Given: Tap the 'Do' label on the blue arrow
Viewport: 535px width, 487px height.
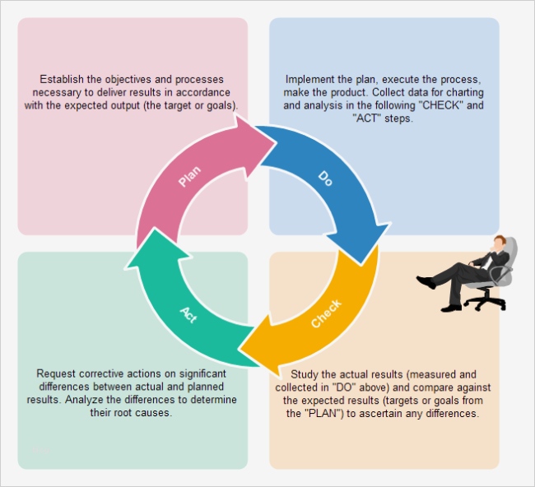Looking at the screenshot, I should click(325, 177).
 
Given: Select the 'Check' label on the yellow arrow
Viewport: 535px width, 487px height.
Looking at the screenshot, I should click(326, 313).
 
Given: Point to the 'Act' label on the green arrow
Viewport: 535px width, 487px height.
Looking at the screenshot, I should click(188, 313).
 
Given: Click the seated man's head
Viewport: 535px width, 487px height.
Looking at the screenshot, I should click(499, 243).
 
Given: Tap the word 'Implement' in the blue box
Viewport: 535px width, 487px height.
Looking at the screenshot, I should click(310, 80).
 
